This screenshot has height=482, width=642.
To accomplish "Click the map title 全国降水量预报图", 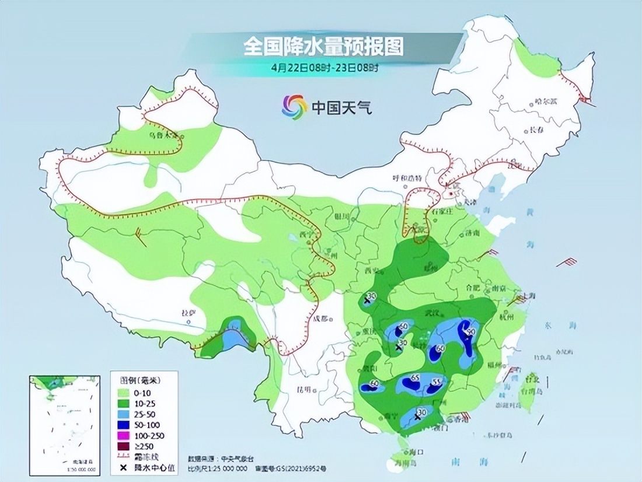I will pyautogui.click(x=323, y=46).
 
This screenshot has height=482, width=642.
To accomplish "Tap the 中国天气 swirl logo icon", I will pyautogui.click(x=294, y=107).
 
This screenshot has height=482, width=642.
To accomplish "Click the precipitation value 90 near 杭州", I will pyautogui.click(x=470, y=331).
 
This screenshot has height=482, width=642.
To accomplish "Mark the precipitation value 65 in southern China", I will pyautogui.click(x=416, y=378).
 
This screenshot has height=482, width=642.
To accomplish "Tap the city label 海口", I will pyautogui.click(x=416, y=452).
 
